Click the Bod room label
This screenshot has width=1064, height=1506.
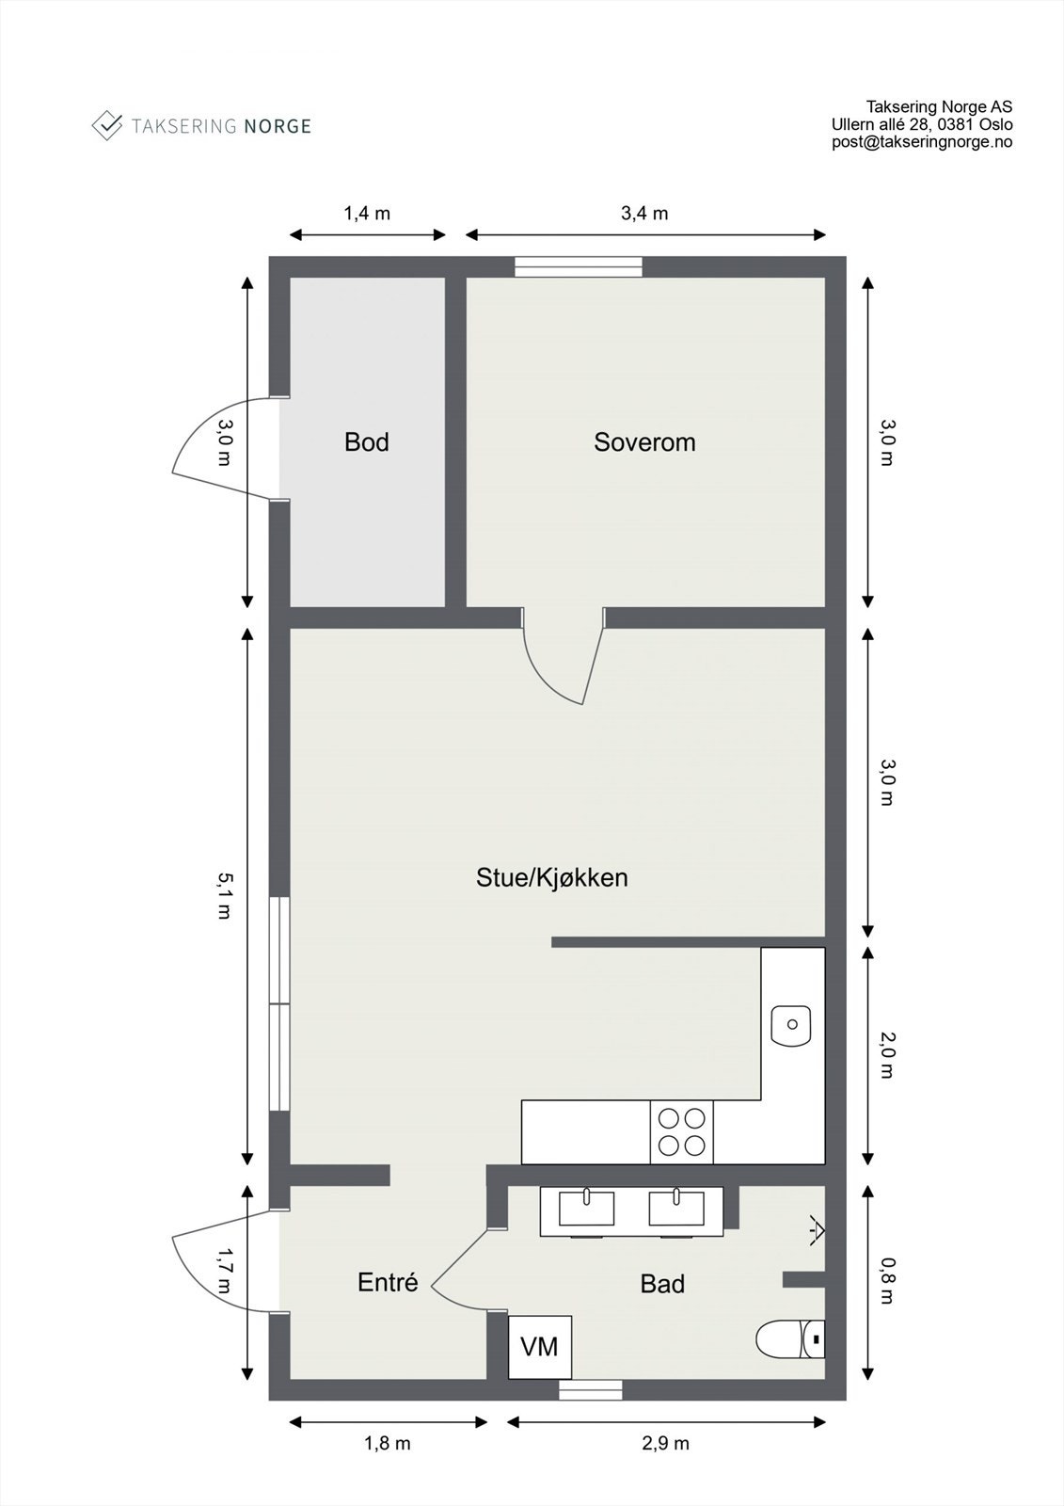[x=366, y=441]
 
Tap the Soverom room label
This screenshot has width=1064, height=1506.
[x=644, y=441]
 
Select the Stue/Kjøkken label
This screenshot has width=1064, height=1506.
[x=551, y=877]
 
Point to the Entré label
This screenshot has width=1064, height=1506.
[x=388, y=1282]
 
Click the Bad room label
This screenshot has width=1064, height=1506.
[x=662, y=1284]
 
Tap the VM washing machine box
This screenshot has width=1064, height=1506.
[x=540, y=1347]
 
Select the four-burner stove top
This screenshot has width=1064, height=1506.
[x=682, y=1131]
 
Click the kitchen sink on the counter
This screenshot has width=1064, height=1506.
[x=791, y=1025]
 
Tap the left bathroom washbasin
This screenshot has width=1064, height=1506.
[x=586, y=1208]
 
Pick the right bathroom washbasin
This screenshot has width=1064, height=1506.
[x=676, y=1208]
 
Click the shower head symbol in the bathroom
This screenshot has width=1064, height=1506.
[x=816, y=1229]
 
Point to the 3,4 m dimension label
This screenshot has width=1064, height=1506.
[x=644, y=214]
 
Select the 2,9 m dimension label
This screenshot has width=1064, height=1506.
[x=666, y=1443]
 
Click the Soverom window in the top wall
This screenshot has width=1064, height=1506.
[x=579, y=266]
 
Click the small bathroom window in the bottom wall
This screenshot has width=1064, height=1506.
[x=591, y=1390]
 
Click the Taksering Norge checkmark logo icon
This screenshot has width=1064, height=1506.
[x=107, y=125]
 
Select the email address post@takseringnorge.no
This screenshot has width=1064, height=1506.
[x=922, y=142]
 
